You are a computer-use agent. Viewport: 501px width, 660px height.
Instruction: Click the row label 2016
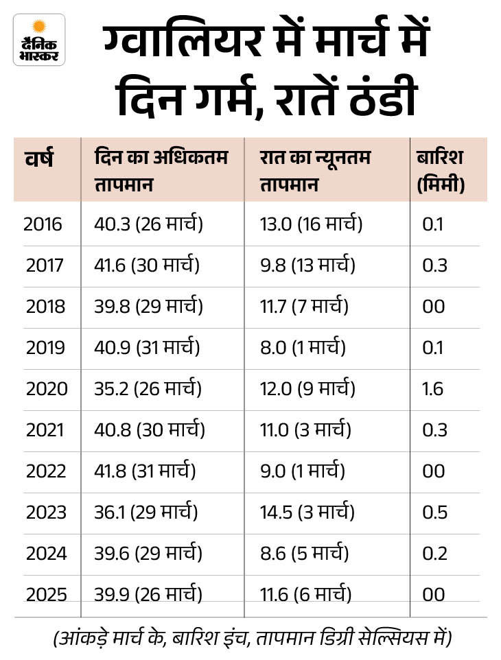[43, 224]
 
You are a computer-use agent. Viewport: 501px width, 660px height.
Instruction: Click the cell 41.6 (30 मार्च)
[147, 266]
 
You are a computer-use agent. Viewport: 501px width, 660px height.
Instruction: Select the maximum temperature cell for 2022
[145, 471]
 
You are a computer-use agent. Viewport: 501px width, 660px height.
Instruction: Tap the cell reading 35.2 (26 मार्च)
[148, 389]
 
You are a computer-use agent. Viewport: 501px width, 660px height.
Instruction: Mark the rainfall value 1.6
[433, 389]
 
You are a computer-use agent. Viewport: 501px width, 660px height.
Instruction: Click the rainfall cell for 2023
[434, 512]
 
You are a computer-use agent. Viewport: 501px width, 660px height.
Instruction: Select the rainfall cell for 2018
[434, 307]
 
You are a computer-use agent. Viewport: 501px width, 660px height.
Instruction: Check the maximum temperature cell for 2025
[148, 594]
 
